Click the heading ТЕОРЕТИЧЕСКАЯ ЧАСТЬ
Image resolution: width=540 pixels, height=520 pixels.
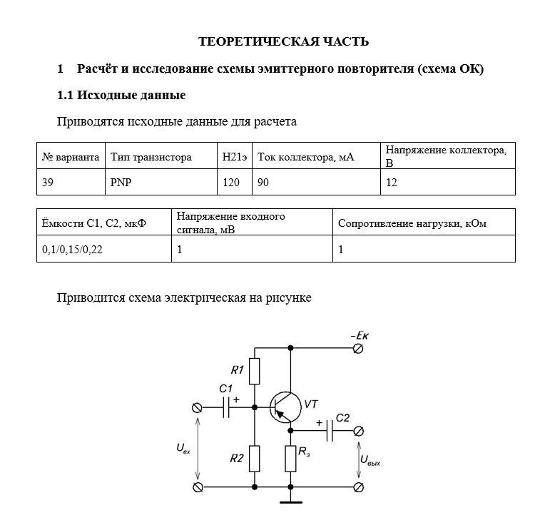point(283,41)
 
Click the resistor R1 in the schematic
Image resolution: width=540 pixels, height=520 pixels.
point(255,372)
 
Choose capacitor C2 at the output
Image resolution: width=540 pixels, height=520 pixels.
point(330,431)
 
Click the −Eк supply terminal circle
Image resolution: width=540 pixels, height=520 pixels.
point(359,349)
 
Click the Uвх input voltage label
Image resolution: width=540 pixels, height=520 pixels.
point(183,449)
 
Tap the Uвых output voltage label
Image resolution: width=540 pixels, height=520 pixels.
point(370,460)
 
